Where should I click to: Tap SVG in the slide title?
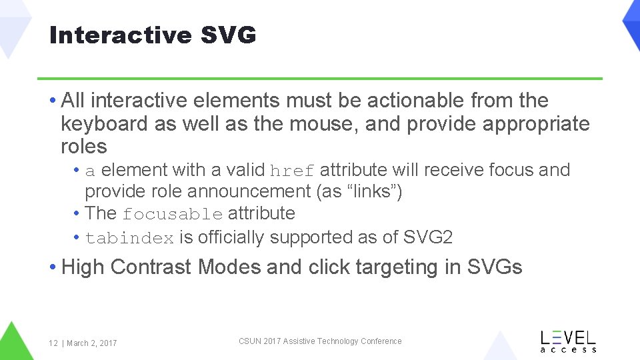[229, 35]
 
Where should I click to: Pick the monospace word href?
[293, 171]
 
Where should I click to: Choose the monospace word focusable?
[173, 215]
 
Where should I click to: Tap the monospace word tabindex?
[129, 238]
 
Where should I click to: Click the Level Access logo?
[568, 341]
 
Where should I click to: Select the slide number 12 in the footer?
[53, 343]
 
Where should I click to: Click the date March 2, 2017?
[91, 343]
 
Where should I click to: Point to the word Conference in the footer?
[381, 341]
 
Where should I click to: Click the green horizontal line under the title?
[319, 79]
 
